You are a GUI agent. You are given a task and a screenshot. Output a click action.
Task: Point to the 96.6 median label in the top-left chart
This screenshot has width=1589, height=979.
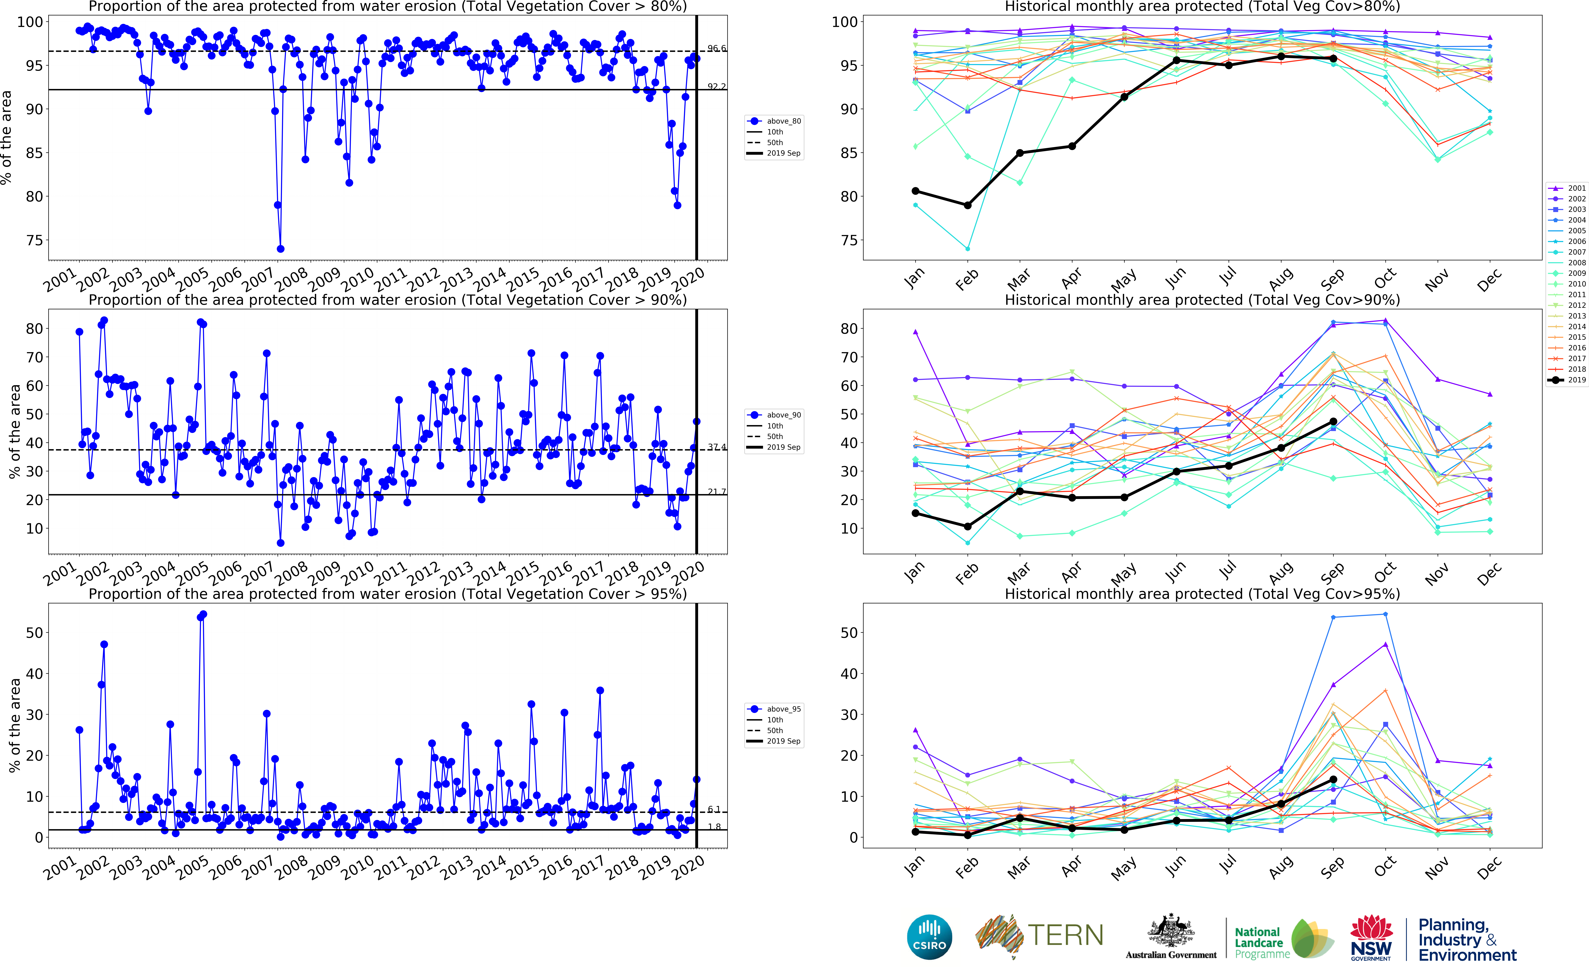(x=716, y=49)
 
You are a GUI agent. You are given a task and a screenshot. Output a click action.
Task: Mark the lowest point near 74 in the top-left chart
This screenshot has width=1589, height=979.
(x=280, y=249)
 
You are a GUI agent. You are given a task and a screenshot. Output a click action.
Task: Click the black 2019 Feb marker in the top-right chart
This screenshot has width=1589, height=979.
(x=967, y=205)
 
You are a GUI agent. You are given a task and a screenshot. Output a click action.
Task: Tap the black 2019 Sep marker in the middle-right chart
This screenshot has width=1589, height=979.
(x=1333, y=422)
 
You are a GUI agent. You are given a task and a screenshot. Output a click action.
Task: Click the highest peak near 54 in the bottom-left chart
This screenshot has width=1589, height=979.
(x=203, y=614)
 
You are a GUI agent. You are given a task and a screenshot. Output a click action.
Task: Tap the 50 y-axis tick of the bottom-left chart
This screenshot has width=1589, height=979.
(x=34, y=633)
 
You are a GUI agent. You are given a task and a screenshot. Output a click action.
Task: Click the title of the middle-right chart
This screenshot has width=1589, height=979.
(x=1202, y=300)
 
